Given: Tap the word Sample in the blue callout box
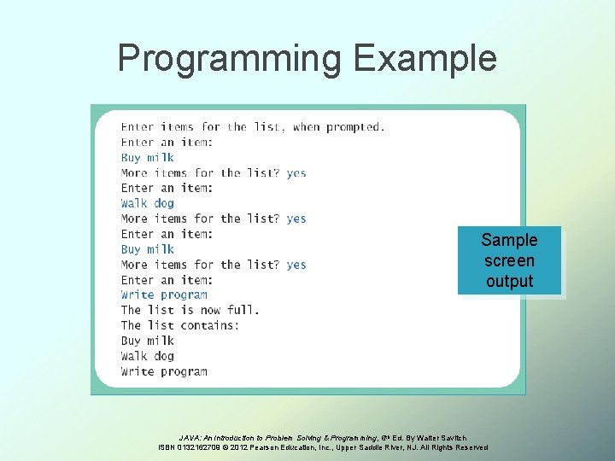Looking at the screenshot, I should [509, 240].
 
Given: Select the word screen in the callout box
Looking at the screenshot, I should [509, 260].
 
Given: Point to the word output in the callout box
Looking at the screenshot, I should [509, 281].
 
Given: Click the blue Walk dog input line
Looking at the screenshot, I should [147, 203].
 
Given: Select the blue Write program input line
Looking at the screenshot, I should [164, 295].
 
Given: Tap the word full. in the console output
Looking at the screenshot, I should [243, 310].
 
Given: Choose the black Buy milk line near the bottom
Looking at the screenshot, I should [147, 341].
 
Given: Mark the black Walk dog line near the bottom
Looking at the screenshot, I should [147, 356].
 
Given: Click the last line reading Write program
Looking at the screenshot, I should [164, 371].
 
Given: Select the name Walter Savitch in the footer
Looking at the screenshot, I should [443, 438].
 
